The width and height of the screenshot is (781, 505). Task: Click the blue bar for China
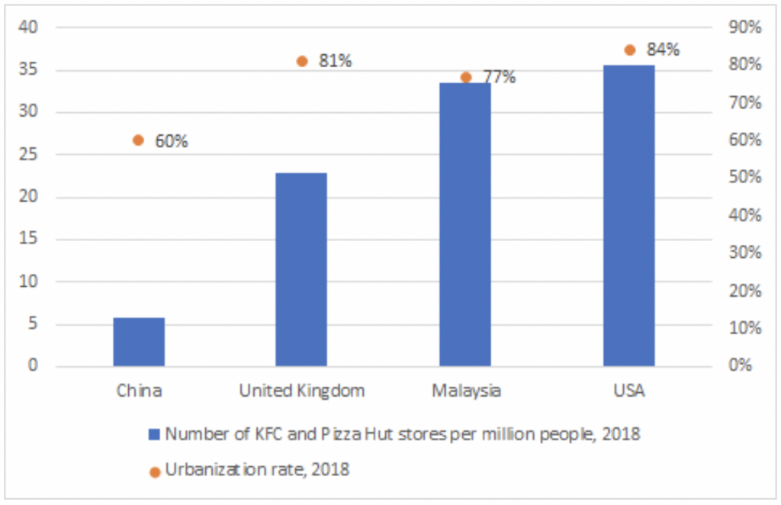139,342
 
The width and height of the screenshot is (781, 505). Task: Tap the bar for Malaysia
465,224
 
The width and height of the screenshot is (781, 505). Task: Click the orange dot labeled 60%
138,140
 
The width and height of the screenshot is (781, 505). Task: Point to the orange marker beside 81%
302,61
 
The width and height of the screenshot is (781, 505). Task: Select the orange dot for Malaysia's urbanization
466,77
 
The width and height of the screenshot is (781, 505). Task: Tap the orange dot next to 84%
629,50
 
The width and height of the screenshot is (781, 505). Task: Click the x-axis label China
139,391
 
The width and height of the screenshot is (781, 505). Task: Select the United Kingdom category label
302,391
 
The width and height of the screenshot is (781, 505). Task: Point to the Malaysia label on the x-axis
466,391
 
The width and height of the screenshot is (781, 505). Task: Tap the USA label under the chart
629,391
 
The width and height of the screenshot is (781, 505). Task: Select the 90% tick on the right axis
744,28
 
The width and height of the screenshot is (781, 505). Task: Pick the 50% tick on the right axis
744,178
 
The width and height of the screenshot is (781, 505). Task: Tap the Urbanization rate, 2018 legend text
257,469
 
